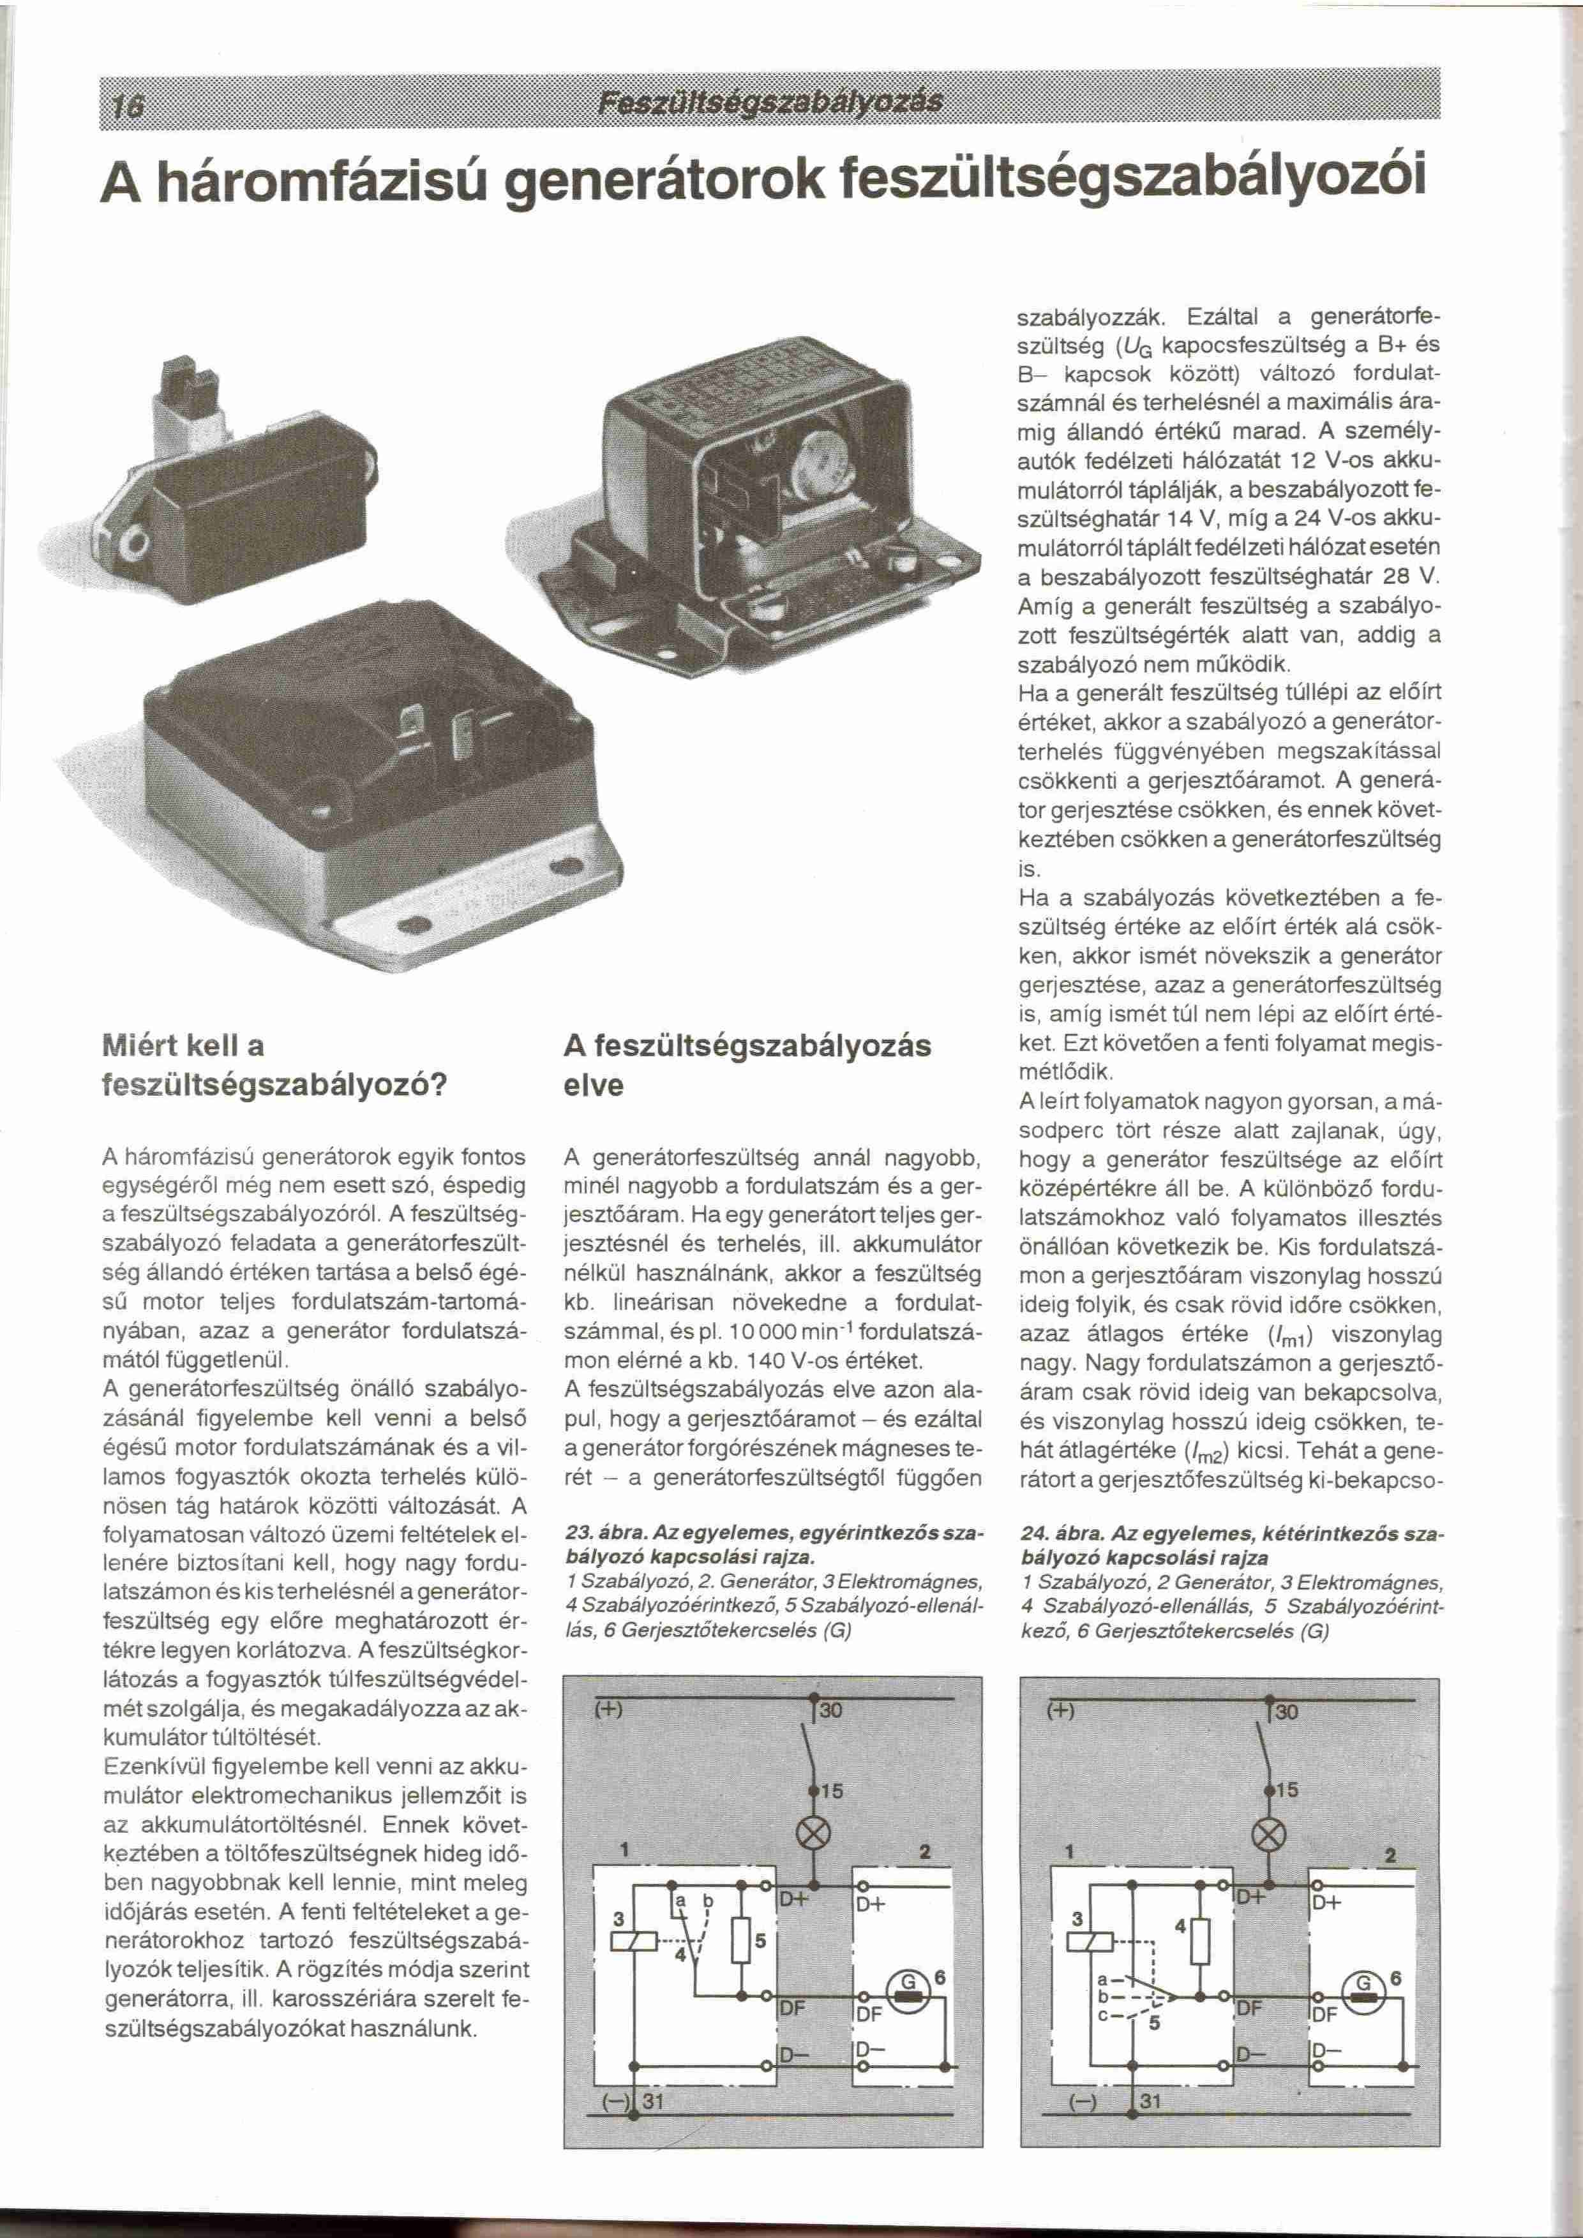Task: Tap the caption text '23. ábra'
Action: click(x=597, y=1532)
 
